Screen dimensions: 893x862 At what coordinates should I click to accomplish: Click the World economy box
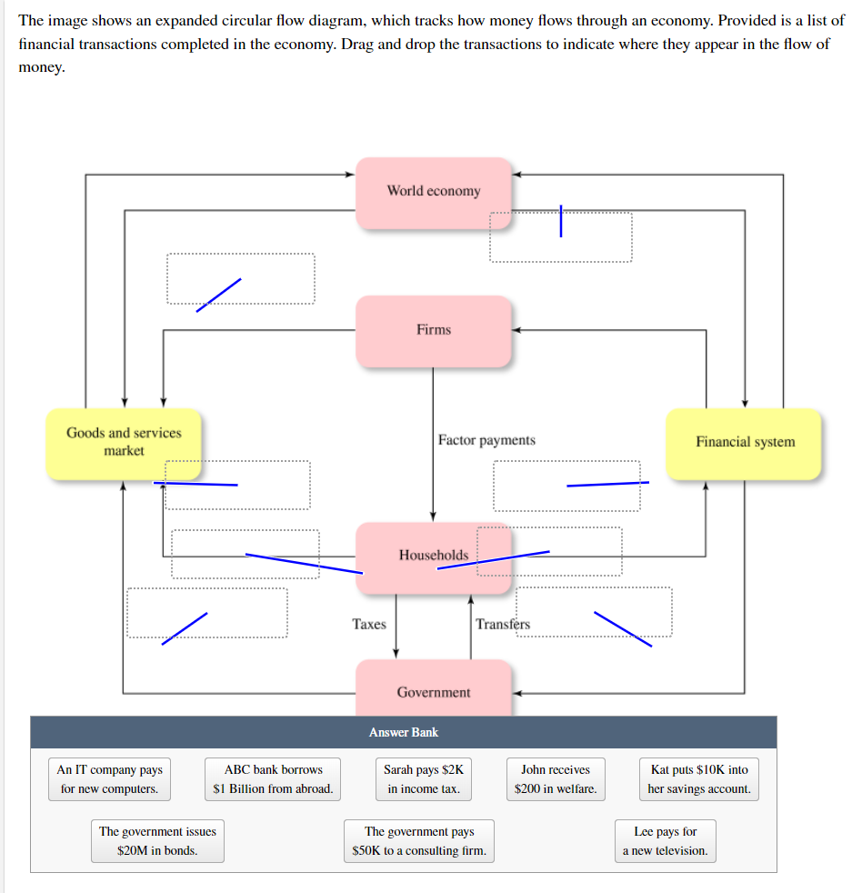(434, 192)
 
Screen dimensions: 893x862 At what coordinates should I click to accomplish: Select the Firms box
(434, 330)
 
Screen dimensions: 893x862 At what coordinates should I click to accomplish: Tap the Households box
(434, 555)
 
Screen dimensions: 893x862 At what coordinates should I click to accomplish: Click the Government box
(434, 691)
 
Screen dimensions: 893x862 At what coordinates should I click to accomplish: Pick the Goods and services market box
(124, 443)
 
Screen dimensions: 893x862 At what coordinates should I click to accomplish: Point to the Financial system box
(744, 443)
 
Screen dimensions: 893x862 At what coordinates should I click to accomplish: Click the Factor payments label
(486, 440)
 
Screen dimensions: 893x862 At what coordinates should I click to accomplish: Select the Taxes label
(369, 624)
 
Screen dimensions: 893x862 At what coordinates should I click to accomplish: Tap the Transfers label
(502, 624)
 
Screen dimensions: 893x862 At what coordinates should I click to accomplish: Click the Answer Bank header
(404, 732)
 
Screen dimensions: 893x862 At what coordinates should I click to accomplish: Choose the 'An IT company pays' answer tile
(109, 779)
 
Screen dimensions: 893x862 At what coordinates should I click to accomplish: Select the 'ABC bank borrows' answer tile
(273, 779)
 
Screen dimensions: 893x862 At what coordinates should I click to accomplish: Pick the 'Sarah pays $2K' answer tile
(424, 779)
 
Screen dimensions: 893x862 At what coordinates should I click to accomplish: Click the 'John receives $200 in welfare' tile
(556, 779)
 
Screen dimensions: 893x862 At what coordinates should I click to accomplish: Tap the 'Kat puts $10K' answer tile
(699, 779)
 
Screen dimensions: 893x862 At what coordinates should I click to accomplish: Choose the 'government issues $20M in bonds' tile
(157, 841)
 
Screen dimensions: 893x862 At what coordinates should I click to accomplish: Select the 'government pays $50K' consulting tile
(419, 841)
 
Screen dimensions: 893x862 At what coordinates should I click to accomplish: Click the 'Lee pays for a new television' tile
(665, 841)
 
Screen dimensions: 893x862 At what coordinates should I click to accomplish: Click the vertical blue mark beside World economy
(561, 221)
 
